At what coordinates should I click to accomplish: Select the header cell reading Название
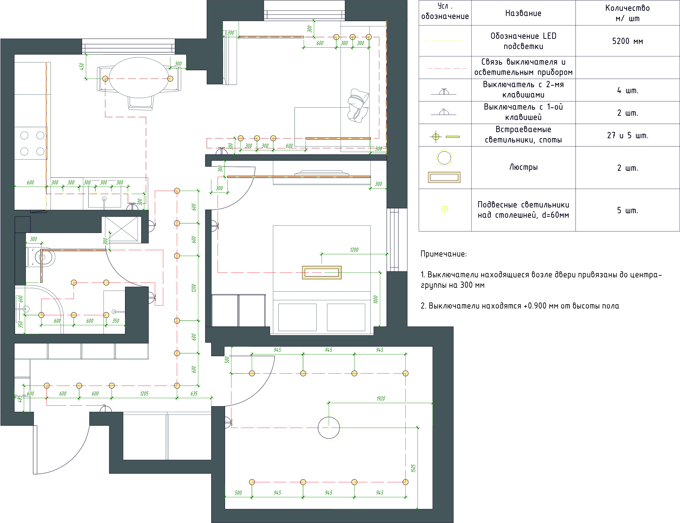523,13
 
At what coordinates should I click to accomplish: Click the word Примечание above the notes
444,254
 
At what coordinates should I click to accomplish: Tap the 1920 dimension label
381,398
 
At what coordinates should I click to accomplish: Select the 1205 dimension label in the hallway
144,393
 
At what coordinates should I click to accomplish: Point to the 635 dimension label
194,393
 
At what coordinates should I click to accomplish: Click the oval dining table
140,78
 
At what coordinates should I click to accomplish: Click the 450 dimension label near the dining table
82,66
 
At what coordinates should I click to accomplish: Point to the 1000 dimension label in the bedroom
376,300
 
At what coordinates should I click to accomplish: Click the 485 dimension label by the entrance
19,399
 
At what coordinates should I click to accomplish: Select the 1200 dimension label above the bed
354,250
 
